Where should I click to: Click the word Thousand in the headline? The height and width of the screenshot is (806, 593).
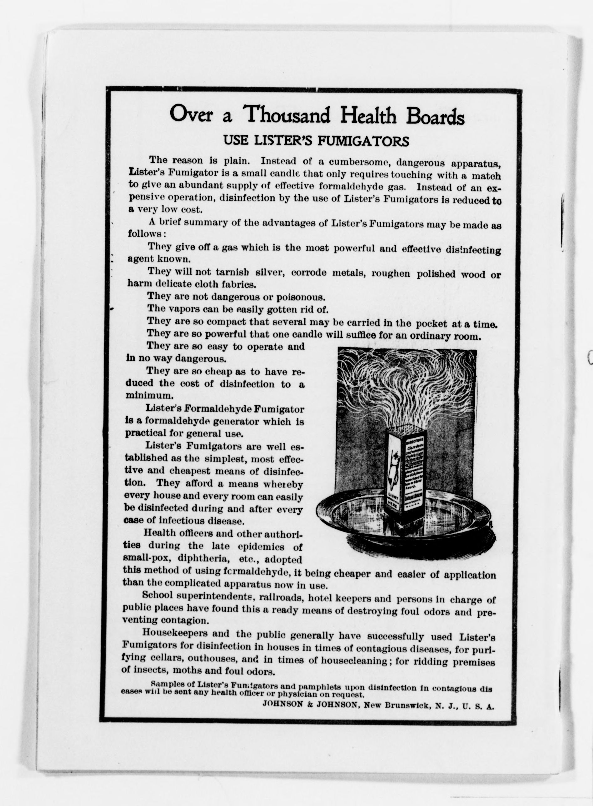(286, 115)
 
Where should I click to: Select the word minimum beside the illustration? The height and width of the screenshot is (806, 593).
(144, 395)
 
